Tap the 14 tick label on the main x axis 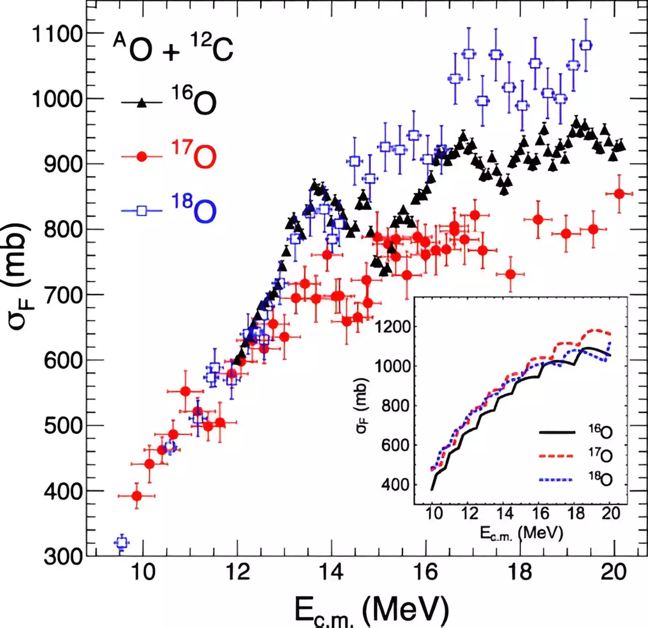coord(331,572)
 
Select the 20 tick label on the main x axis coord(613,572)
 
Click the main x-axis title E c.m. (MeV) coord(372,610)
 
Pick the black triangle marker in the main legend coord(142,103)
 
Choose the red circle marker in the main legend coord(142,157)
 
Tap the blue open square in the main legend coord(142,211)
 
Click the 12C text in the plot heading coord(212,49)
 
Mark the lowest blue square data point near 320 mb coord(121,543)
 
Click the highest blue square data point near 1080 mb coord(586,45)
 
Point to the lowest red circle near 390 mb coord(137,496)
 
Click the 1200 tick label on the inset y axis coord(392,326)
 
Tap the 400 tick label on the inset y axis coord(395,484)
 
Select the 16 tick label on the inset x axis coord(540,514)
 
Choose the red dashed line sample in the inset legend coord(557,455)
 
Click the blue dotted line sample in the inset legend coord(557,479)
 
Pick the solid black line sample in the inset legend coord(557,432)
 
